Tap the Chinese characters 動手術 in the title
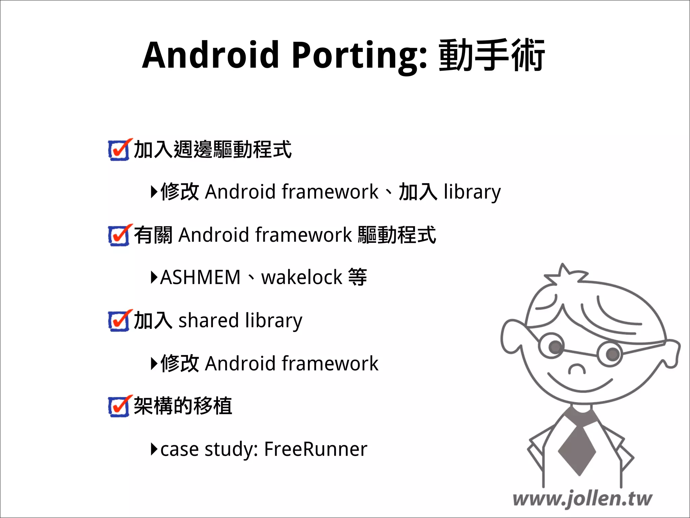tap(492, 55)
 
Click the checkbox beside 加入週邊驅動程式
tap(119, 150)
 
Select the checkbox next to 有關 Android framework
tap(119, 235)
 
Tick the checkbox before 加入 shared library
tap(119, 321)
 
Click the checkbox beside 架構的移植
tap(119, 406)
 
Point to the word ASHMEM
tap(200, 278)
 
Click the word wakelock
tap(302, 278)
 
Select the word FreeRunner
tap(316, 449)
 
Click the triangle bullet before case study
tap(154, 449)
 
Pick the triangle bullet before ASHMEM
tap(154, 278)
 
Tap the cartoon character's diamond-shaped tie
tap(577, 450)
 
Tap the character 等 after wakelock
tap(357, 278)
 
